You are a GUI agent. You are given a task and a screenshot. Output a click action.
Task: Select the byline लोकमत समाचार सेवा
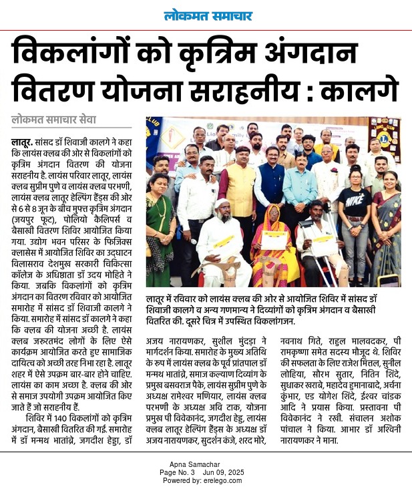(53, 120)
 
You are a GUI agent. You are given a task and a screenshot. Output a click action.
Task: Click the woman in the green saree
(160, 227)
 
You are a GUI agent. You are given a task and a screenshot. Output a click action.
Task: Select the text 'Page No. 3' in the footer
(177, 472)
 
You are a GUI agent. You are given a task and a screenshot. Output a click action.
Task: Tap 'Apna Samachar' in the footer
(206, 465)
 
